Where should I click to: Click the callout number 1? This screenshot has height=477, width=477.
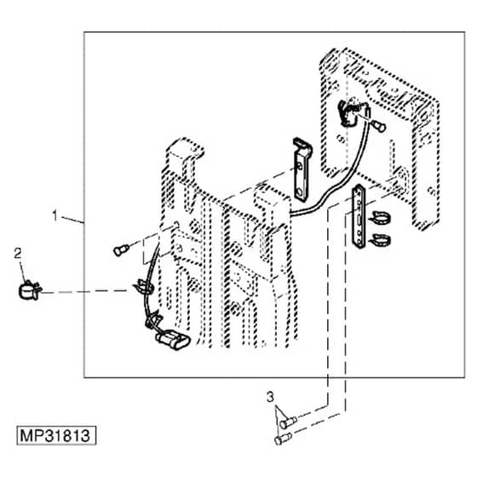(x=55, y=216)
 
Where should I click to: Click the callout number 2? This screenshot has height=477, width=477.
(x=18, y=254)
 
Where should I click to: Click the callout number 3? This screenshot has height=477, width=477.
(x=270, y=397)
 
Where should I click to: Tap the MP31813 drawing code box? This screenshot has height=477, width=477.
(x=56, y=435)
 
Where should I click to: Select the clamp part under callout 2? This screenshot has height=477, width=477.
(x=29, y=290)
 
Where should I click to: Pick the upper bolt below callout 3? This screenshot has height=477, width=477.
(x=288, y=422)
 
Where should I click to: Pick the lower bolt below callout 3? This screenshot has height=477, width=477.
(x=283, y=439)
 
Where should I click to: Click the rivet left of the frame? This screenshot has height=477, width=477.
(x=121, y=250)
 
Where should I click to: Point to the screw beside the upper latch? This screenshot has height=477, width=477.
(x=379, y=126)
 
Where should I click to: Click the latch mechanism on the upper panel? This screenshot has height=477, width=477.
(x=353, y=112)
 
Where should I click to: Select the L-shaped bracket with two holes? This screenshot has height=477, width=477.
(x=302, y=170)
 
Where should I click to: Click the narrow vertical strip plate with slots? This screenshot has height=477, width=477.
(x=359, y=216)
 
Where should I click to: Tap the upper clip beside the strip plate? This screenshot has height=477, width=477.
(x=380, y=218)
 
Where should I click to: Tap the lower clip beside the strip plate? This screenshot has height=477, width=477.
(x=380, y=240)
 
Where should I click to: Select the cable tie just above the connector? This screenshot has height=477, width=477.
(x=153, y=320)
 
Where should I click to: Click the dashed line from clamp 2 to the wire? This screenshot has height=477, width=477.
(x=84, y=292)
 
